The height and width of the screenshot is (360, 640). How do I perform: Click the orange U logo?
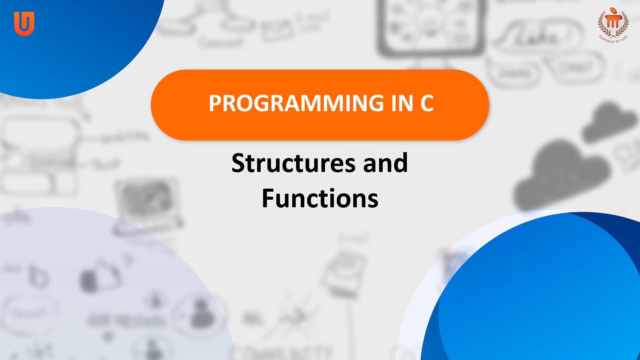click(24, 23)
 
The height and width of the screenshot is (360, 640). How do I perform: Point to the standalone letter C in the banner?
click(427, 103)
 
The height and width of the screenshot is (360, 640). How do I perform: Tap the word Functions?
click(320, 199)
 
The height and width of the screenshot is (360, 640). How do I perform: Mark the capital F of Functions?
click(269, 199)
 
